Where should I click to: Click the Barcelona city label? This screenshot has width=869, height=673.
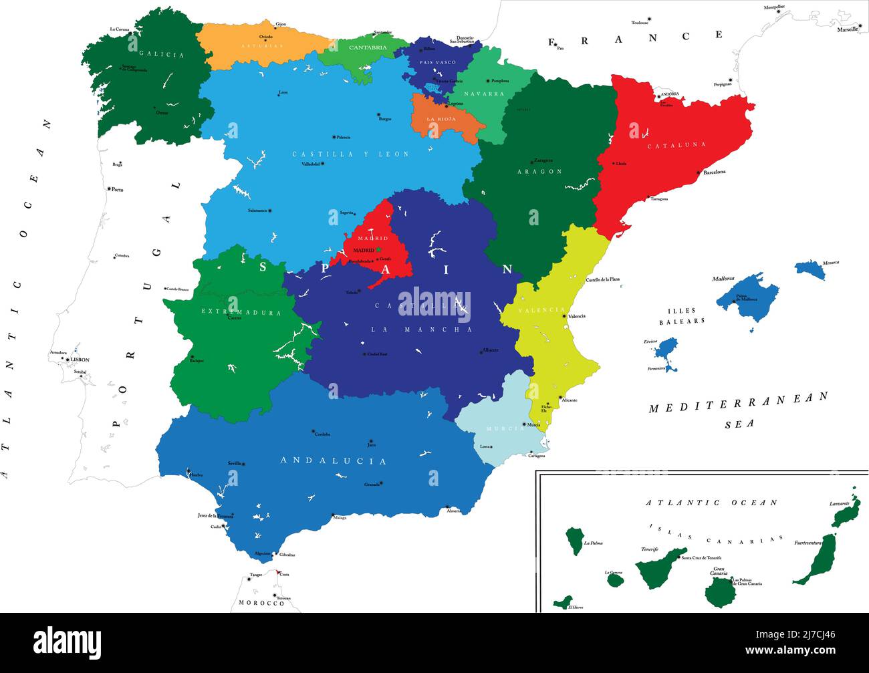tap(714, 172)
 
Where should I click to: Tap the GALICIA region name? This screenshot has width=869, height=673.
tap(161, 55)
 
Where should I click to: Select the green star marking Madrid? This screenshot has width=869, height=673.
tap(378, 249)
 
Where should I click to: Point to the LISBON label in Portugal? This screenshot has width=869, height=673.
tap(80, 360)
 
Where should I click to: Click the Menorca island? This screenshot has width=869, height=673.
tap(810, 269)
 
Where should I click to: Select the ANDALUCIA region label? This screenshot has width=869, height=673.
tap(333, 461)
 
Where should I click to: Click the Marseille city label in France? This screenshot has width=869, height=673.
tap(848, 29)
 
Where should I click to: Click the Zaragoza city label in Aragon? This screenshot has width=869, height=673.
tap(543, 160)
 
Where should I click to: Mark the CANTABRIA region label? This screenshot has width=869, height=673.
tap(368, 47)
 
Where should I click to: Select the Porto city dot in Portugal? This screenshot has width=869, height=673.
tap(109, 188)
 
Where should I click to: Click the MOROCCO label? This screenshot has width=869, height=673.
tap(261, 603)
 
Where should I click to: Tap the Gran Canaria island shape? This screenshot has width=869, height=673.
tap(719, 592)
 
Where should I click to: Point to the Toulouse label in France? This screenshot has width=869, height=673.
tap(640, 23)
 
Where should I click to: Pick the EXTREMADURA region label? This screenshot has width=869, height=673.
tap(241, 312)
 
